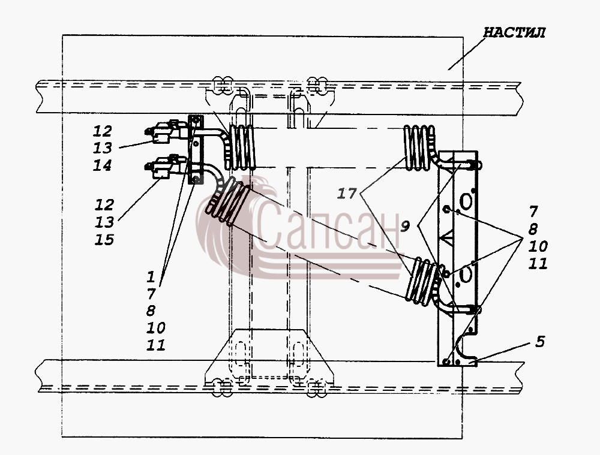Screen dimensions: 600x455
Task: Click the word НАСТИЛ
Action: point(514,32)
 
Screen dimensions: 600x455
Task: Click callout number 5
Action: point(540,342)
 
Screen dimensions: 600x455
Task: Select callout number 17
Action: point(347,194)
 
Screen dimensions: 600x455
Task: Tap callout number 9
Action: point(405,227)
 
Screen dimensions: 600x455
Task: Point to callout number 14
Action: point(103,165)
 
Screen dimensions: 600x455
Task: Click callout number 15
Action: point(104,240)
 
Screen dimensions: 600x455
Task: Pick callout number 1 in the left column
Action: point(151,276)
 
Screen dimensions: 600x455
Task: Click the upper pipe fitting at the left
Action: point(166,131)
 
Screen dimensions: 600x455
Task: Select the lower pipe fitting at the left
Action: point(166,167)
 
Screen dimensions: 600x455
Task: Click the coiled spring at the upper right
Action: point(419,147)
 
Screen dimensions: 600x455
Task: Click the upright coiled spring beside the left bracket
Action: point(241,147)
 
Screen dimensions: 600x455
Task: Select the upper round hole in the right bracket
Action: point(466,201)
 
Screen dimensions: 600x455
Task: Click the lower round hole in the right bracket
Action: point(466,274)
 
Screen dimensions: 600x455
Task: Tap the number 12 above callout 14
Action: point(103,131)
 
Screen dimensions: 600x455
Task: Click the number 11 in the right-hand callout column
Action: point(538,263)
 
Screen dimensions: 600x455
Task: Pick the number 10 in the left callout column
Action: point(156,328)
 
